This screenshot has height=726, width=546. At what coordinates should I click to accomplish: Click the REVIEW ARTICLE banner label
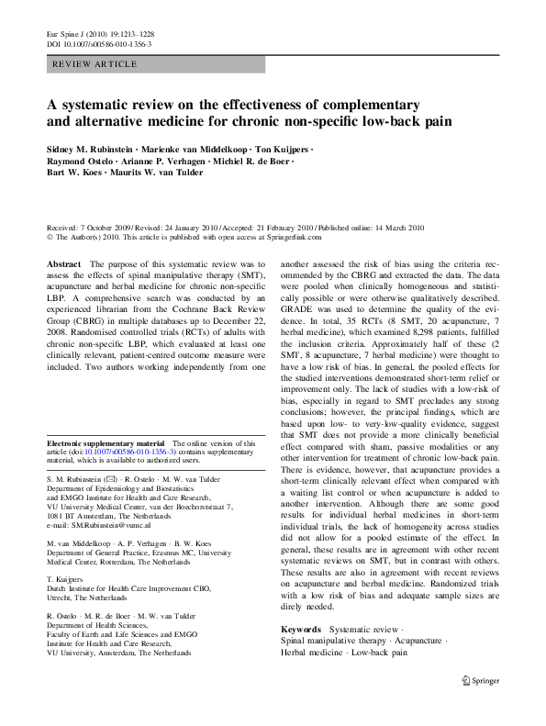pyautogui.click(x=95, y=64)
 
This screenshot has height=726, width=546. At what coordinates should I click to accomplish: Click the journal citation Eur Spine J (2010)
pyautogui.click(x=78, y=34)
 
